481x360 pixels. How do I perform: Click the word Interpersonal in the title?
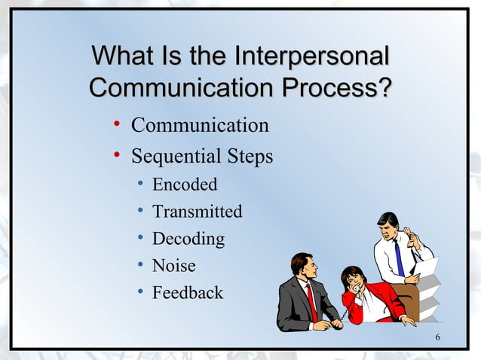[312, 56]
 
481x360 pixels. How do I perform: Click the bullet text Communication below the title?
[200, 124]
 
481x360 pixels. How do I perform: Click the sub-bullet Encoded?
[185, 185]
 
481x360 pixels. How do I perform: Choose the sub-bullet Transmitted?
[197, 212]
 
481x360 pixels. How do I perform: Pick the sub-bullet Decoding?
[188, 239]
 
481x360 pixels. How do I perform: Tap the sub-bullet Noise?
[173, 266]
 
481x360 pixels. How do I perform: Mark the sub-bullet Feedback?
[188, 293]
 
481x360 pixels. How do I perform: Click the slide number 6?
[438, 335]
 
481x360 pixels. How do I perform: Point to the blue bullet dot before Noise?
[140, 265]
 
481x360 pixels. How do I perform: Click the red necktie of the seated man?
[311, 302]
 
